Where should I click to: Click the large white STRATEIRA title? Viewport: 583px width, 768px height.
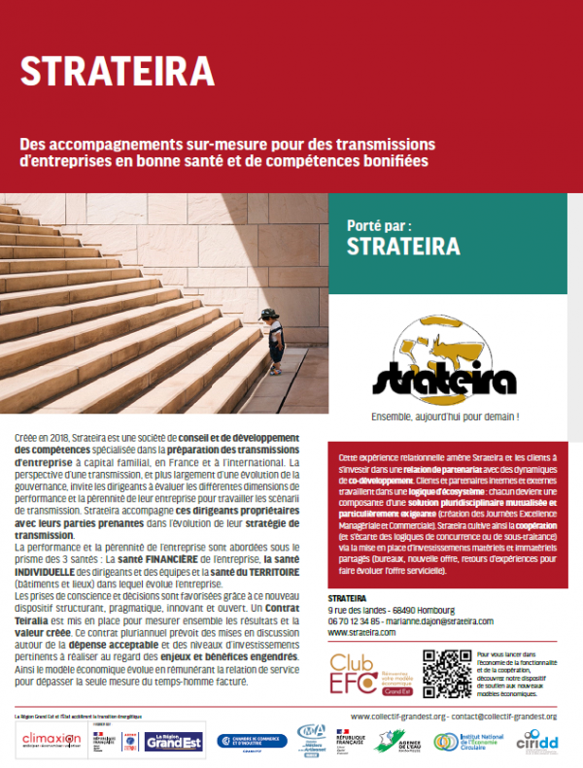[117, 70]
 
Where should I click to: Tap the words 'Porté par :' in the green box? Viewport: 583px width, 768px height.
[387, 222]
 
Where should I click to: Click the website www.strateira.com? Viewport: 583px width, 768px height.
[362, 632]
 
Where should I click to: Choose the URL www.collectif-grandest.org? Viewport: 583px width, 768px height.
[397, 717]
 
